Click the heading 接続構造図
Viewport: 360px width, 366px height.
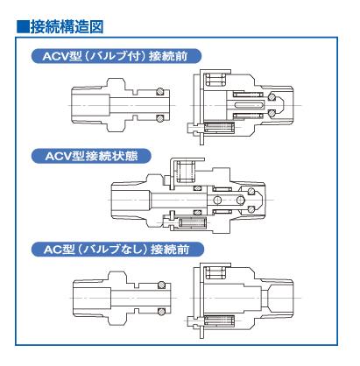(67, 26)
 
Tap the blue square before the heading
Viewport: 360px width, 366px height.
(23, 26)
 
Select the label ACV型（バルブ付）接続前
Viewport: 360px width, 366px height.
(116, 56)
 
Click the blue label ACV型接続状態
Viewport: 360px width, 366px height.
(91, 156)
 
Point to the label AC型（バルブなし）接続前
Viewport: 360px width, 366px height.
(117, 250)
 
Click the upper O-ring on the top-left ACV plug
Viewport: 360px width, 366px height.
(159, 92)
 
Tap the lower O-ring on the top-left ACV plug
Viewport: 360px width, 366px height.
(159, 118)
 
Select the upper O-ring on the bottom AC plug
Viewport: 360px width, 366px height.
(161, 285)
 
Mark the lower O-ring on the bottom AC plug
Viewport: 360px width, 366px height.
(161, 312)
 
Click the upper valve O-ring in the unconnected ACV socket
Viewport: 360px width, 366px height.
(272, 97)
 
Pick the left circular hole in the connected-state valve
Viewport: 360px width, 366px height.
(217, 200)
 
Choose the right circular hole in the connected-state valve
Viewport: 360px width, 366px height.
(240, 200)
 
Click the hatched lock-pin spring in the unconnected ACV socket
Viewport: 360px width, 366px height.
(220, 128)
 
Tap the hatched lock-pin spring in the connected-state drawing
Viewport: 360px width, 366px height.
(193, 223)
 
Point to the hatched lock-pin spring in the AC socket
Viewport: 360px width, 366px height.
(220, 320)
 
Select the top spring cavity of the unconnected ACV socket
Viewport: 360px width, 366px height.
(215, 80)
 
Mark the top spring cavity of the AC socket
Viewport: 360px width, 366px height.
(215, 273)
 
